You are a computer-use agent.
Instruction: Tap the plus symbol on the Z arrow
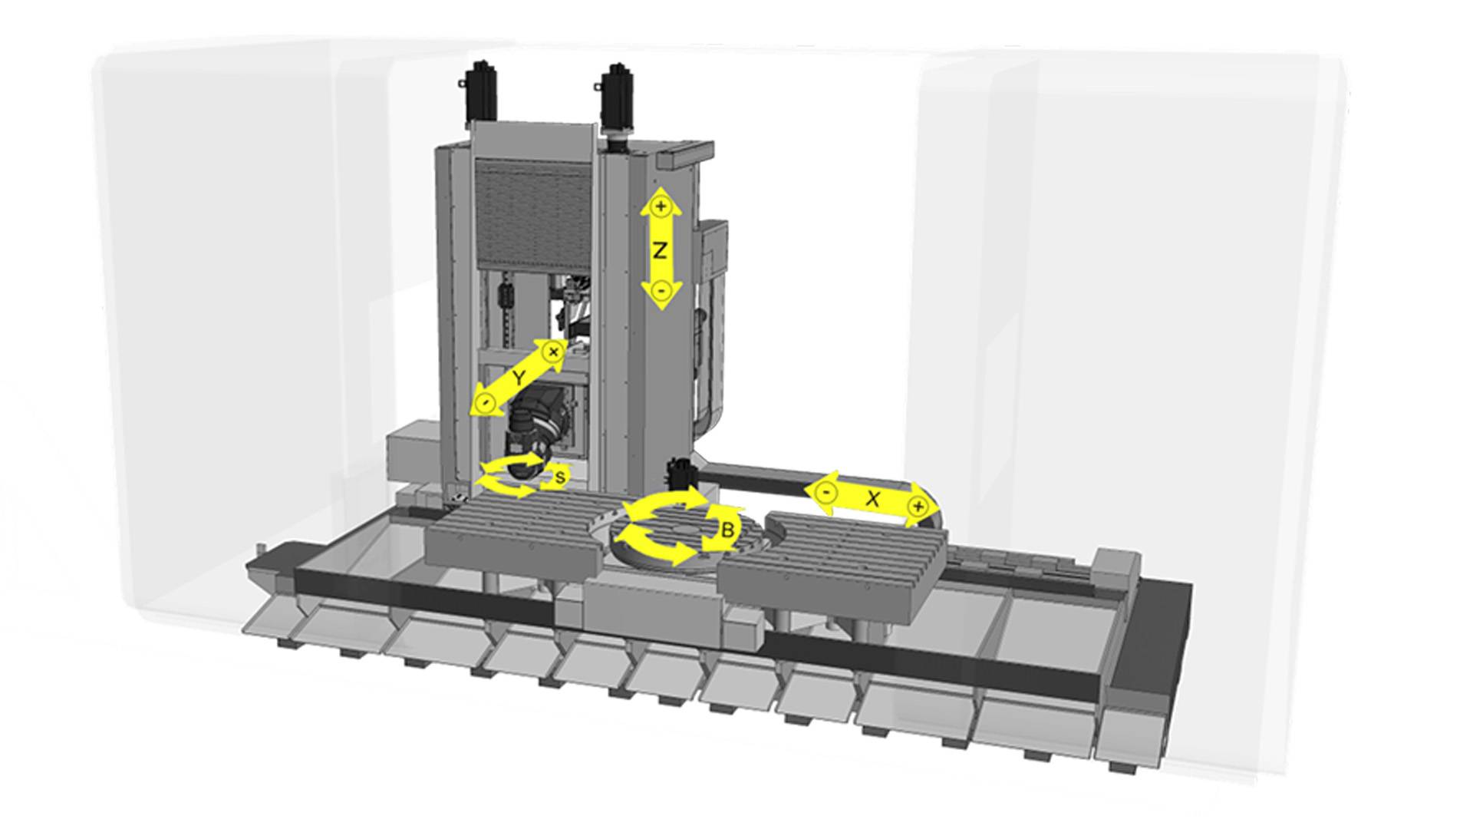pyautogui.click(x=661, y=206)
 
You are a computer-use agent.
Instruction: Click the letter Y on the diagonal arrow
pyautogui.click(x=519, y=378)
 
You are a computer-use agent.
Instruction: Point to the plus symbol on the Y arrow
pyautogui.click(x=553, y=352)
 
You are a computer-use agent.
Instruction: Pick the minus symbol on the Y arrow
pyautogui.click(x=484, y=402)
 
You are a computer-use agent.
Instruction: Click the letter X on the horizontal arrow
pyautogui.click(x=872, y=498)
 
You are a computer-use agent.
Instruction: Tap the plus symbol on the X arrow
pyautogui.click(x=918, y=507)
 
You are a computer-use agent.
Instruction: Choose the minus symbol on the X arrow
pyautogui.click(x=825, y=491)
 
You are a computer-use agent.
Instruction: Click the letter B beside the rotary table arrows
pyautogui.click(x=728, y=530)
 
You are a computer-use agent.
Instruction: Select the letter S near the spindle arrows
pyautogui.click(x=560, y=477)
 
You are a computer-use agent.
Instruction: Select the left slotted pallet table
pyautogui.click(x=514, y=530)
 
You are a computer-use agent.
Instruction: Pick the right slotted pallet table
pyautogui.click(x=836, y=557)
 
